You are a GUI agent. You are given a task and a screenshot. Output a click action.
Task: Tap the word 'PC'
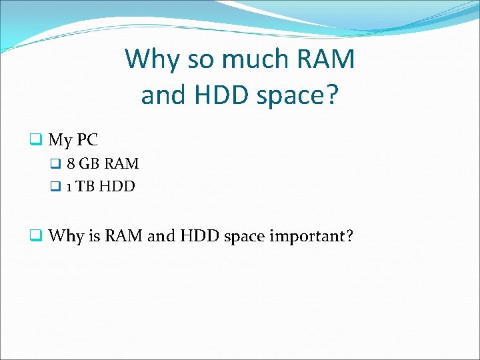87,140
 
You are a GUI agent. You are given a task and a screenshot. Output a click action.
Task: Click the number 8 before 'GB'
71,164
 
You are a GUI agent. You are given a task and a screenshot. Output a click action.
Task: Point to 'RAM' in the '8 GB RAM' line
121,164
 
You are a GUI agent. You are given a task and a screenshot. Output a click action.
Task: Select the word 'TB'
85,187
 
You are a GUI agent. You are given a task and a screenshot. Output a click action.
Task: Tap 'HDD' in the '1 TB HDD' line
117,187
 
